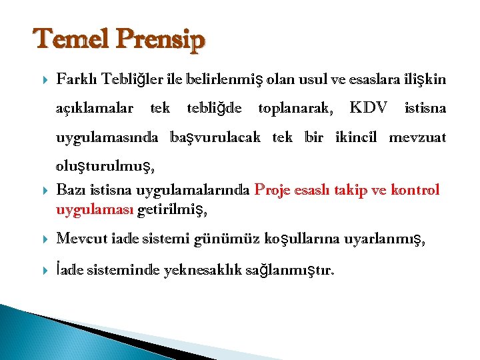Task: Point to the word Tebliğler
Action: [131, 80]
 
